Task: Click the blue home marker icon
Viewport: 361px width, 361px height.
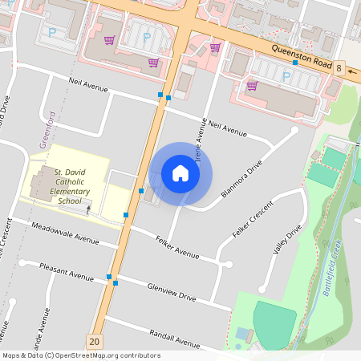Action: click(180, 173)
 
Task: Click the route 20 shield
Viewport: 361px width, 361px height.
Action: click(96, 342)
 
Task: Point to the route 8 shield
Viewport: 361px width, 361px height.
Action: click(339, 69)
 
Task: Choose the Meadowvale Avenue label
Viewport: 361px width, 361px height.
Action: click(67, 235)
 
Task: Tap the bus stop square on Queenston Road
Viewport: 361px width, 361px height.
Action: click(295, 62)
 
